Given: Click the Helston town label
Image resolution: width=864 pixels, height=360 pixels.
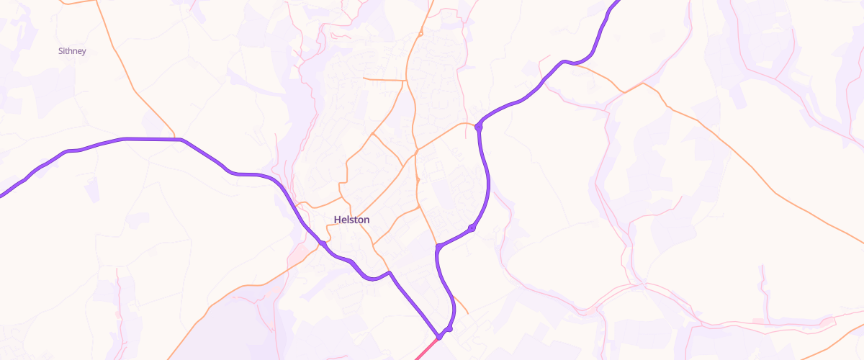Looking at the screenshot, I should pyautogui.click(x=351, y=220).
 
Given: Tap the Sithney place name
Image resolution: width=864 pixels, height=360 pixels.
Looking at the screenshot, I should pyautogui.click(x=72, y=51).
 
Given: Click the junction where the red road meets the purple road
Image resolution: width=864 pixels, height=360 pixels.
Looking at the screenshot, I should pyautogui.click(x=438, y=336).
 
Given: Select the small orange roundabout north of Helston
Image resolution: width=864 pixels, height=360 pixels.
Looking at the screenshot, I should pyautogui.click(x=421, y=33).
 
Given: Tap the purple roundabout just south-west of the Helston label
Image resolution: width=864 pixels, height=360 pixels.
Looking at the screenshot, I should pyautogui.click(x=323, y=245).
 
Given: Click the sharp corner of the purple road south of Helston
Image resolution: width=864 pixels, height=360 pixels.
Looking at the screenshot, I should pyautogui.click(x=390, y=273).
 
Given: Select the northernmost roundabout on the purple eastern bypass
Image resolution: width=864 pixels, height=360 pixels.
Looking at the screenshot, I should pyautogui.click(x=478, y=127).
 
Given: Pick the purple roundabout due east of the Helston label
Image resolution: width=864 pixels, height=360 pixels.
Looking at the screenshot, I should pyautogui.click(x=472, y=228).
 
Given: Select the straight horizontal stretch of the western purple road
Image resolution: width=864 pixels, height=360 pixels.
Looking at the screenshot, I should pyautogui.click(x=151, y=138).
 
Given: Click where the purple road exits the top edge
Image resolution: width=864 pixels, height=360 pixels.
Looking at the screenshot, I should pyautogui.click(x=618, y=2).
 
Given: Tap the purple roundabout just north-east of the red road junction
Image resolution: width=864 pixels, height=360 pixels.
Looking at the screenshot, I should pyautogui.click(x=449, y=328).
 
